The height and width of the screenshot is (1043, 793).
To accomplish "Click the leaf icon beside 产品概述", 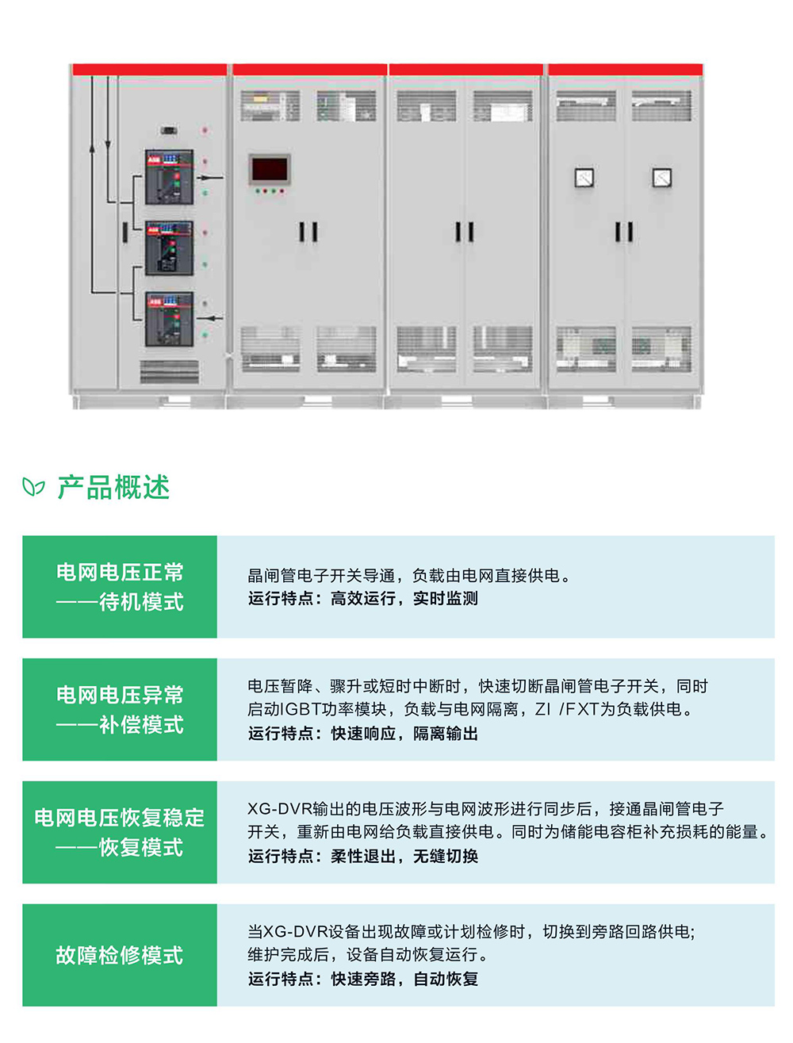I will [x=33, y=486].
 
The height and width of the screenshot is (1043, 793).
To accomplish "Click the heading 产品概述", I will [x=113, y=487].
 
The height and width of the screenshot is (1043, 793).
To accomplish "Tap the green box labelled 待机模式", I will [x=120, y=587].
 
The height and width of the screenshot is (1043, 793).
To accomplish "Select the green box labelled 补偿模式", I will [x=120, y=709].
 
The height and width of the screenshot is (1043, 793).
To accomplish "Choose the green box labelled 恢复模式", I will [x=120, y=832].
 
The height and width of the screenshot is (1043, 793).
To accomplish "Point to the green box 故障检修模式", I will [x=120, y=955].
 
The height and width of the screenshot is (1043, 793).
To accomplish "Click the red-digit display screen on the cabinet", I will [x=270, y=170].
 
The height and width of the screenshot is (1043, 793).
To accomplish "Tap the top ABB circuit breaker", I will [x=169, y=175].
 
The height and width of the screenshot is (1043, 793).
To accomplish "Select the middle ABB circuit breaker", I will [x=169, y=247].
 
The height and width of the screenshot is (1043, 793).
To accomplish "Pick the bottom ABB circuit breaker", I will [x=169, y=319].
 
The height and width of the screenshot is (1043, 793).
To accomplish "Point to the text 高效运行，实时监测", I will [x=404, y=599].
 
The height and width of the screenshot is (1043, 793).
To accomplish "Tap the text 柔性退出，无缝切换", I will [x=404, y=857].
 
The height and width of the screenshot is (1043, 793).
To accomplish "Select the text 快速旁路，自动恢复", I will [x=404, y=980].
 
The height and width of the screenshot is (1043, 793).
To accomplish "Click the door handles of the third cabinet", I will [x=465, y=232].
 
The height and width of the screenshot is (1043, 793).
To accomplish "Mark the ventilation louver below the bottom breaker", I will [x=169, y=370].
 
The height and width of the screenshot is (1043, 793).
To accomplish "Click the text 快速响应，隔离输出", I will [x=404, y=734].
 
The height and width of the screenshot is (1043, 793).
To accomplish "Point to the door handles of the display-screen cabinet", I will [x=308, y=232].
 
